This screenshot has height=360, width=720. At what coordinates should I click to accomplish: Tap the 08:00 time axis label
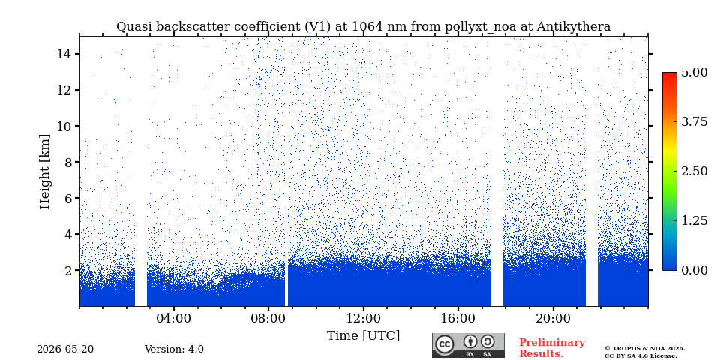coord(268,318)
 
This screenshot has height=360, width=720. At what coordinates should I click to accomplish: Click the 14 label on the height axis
coord(64,54)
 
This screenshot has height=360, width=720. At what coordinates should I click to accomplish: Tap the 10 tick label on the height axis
coord(64,126)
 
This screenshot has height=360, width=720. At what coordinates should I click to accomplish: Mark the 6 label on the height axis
coord(68,198)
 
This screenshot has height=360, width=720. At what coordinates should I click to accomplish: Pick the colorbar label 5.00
coord(694,73)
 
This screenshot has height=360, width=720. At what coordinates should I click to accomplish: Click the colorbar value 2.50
coord(694,171)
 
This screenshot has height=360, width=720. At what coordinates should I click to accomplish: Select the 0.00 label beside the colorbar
coord(694,270)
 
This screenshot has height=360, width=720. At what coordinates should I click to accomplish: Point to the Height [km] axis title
coord(44,172)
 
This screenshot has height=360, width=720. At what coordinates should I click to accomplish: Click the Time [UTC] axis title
coord(363,336)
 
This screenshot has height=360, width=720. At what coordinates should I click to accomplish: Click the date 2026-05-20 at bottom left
coord(65,349)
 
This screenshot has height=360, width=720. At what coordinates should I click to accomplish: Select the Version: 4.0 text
coord(174,349)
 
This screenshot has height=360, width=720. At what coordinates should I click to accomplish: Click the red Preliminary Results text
coord(552,348)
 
